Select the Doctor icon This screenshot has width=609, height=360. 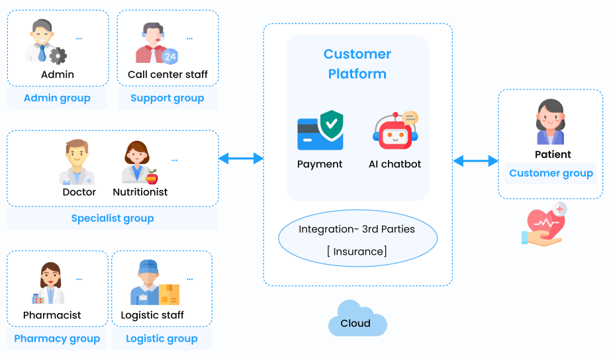(77, 162)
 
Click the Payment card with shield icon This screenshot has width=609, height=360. (320, 130)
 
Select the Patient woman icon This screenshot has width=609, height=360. (550, 122)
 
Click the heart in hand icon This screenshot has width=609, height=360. (544, 225)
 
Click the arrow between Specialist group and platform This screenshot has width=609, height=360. (241, 158)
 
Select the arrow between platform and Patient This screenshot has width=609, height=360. (475, 161)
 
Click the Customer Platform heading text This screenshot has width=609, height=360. (357, 64)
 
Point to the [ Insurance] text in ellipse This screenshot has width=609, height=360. (357, 251)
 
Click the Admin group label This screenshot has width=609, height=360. (57, 99)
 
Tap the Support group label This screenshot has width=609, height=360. (167, 99)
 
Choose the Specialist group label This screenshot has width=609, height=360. (113, 218)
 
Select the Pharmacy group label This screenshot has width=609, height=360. (57, 339)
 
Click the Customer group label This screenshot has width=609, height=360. (551, 173)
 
